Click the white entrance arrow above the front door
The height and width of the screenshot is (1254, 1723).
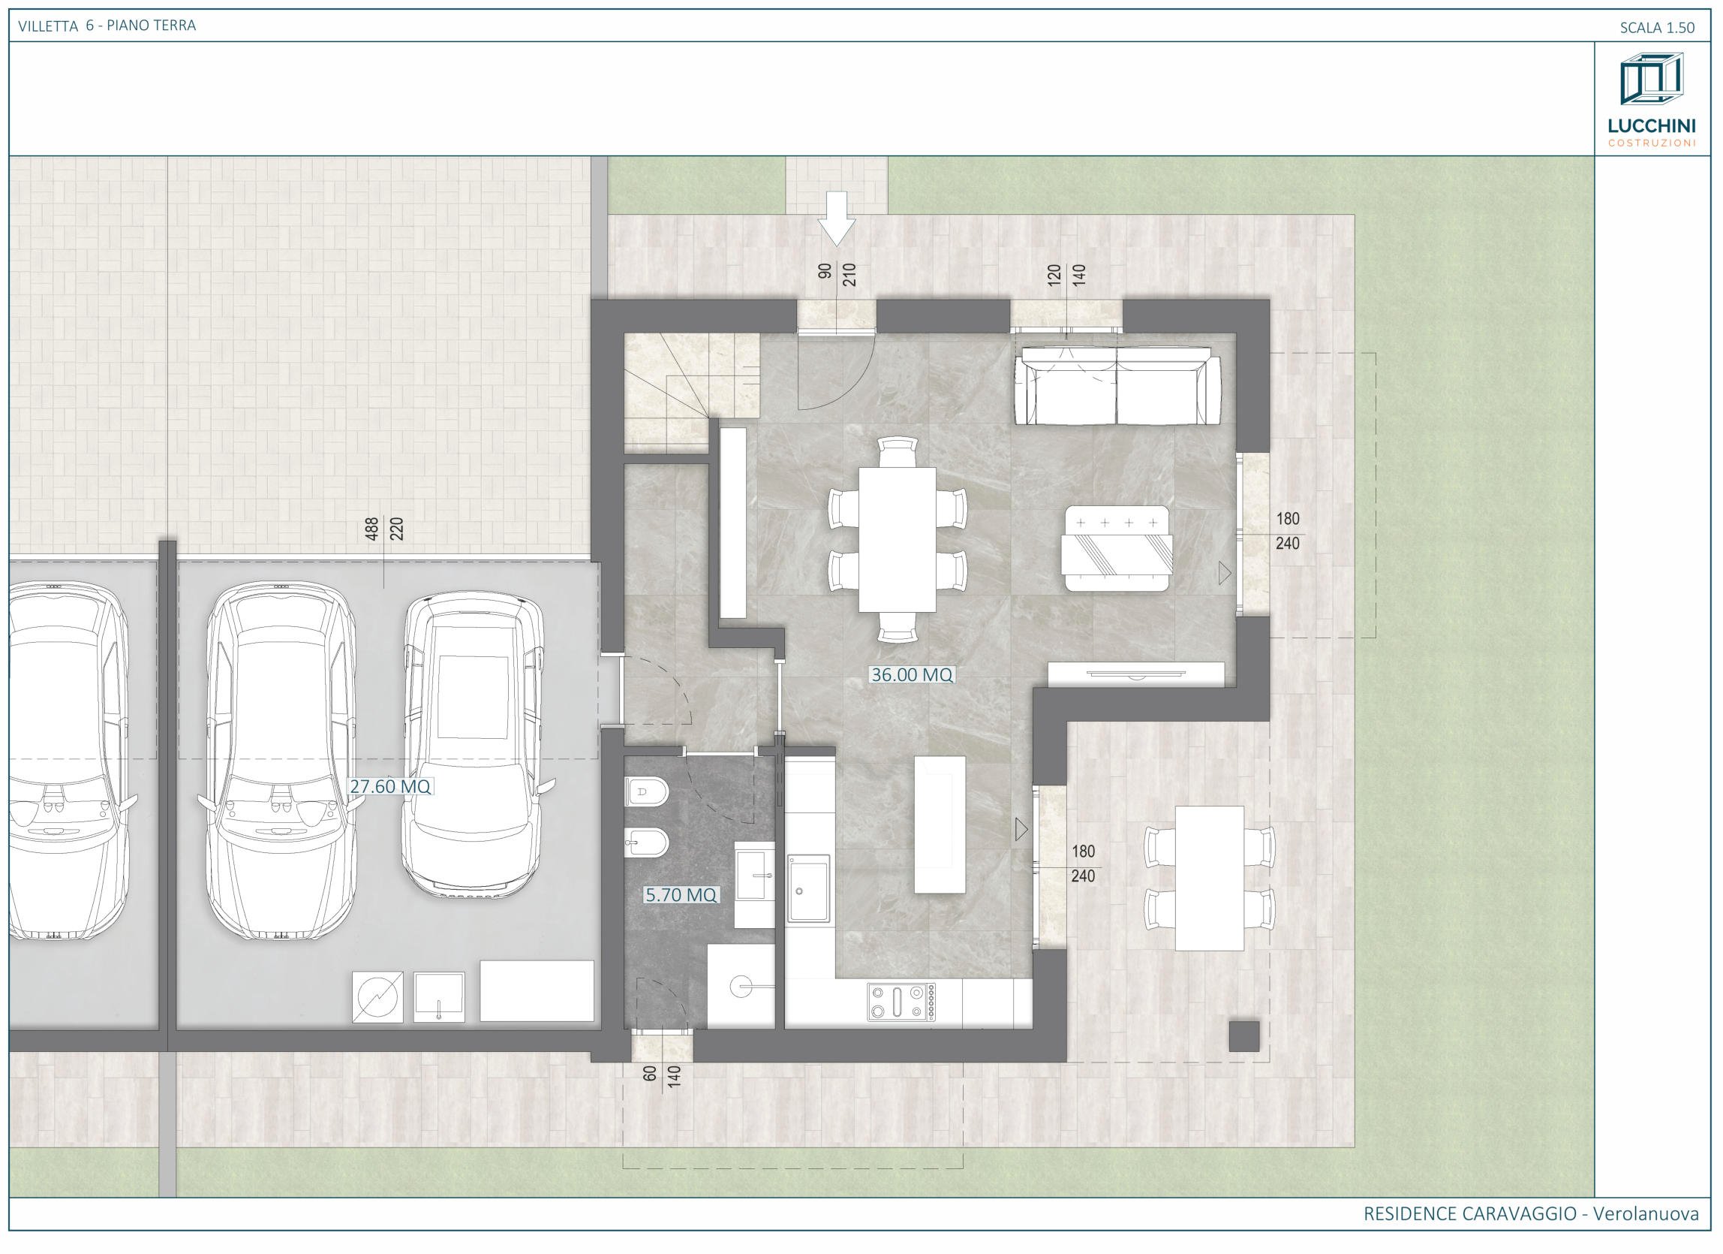click(837, 218)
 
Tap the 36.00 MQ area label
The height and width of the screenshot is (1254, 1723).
click(912, 674)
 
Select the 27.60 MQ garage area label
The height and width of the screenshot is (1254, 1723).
click(389, 786)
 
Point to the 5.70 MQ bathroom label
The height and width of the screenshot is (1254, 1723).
click(681, 894)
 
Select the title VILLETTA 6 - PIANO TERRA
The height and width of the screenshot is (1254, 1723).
click(107, 25)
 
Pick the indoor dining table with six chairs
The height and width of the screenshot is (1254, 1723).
click(898, 540)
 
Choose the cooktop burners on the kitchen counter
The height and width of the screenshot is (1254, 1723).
click(902, 1001)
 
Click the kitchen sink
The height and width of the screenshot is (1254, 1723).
click(809, 888)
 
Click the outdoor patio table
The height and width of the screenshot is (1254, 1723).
click(1210, 878)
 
